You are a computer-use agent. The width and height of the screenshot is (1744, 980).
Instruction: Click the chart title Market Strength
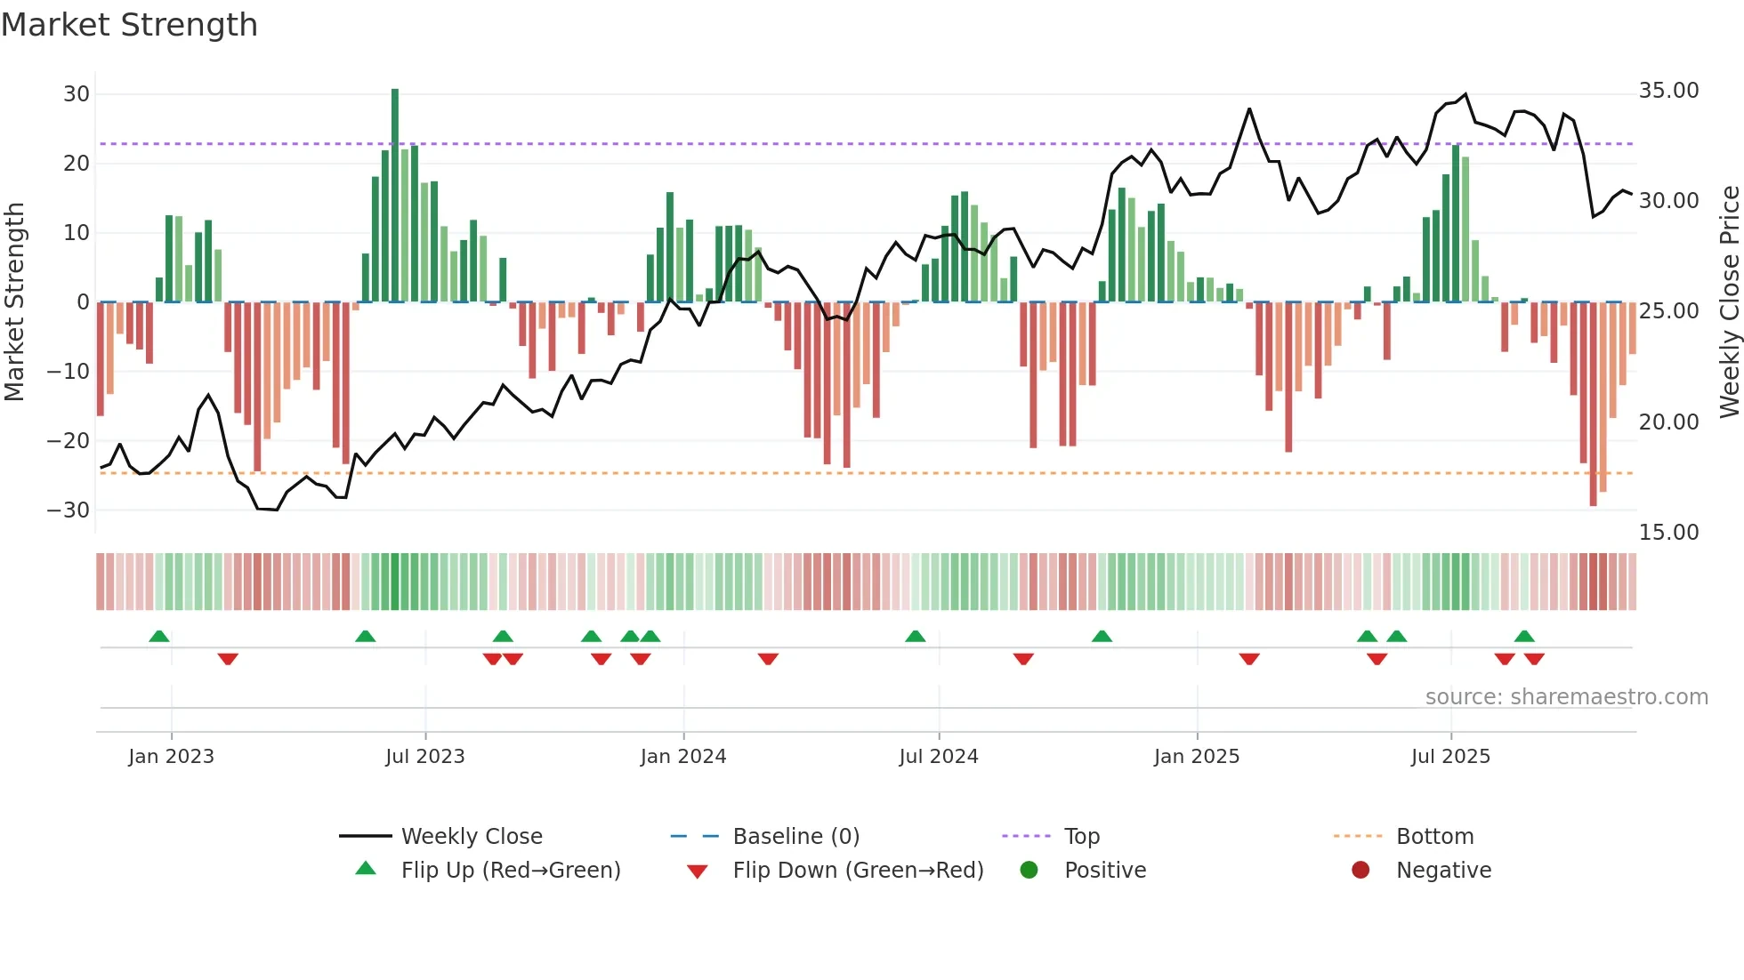tap(129, 25)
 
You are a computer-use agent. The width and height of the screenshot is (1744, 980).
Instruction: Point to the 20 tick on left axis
tap(77, 164)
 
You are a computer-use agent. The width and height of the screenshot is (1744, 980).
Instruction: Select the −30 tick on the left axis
tap(69, 510)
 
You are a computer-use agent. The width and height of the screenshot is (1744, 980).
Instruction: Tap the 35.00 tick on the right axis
tap(1668, 91)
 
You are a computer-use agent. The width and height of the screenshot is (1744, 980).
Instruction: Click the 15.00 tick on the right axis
tap(1668, 533)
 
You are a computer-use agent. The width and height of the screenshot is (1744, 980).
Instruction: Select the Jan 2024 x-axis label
tap(683, 757)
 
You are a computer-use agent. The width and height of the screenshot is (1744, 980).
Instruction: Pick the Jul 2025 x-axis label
tap(1450, 757)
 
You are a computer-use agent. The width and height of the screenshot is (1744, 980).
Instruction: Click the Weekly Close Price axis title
tap(1729, 301)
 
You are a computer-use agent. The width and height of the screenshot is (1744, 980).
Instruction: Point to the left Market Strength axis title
tap(14, 301)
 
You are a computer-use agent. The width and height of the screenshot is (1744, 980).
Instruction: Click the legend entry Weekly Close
tap(471, 837)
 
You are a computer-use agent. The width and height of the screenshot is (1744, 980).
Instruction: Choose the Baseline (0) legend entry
tap(795, 837)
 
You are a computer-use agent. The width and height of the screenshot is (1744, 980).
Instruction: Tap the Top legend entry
tap(1081, 837)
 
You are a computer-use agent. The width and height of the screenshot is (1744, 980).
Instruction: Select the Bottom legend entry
tap(1434, 837)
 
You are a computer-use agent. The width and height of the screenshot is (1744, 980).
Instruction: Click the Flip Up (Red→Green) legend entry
tap(510, 871)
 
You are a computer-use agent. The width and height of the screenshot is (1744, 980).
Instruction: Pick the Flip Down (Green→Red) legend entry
tap(858, 871)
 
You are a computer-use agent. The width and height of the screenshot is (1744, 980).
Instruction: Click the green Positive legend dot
tap(1029, 871)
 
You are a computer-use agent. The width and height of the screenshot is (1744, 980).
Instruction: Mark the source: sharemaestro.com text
tap(1566, 697)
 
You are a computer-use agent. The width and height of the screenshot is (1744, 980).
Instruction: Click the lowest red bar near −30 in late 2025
tap(1593, 404)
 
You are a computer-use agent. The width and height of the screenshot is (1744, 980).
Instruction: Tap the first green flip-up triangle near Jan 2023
tap(159, 637)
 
